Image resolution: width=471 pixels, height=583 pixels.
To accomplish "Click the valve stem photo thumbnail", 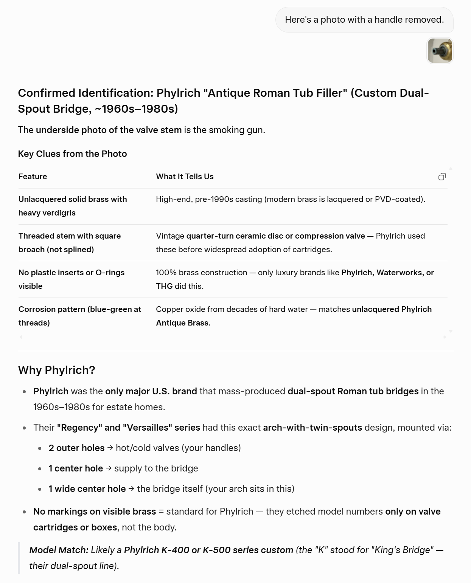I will point(440,51).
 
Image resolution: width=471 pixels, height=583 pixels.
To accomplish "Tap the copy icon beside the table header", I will point(442,177).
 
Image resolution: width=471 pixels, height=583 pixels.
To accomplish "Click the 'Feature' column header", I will point(33,177).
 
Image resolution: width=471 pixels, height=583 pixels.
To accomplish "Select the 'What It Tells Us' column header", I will point(185,177).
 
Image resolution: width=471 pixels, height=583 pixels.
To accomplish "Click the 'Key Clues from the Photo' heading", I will point(72,154).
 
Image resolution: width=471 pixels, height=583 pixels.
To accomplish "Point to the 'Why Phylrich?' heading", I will point(56,370).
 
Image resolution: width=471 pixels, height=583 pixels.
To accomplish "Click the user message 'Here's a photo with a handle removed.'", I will point(364,20).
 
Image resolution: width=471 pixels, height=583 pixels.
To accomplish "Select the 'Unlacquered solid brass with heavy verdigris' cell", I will point(73,206).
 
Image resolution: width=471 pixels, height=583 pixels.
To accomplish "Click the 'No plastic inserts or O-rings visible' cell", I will point(72,279).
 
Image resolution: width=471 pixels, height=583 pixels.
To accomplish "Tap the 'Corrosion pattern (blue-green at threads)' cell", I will point(79,316).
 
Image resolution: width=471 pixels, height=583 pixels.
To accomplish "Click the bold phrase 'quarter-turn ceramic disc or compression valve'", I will point(275,236).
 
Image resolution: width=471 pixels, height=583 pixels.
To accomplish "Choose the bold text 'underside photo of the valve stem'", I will point(109,130).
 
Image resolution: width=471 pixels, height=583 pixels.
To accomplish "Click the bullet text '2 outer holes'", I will point(76,448).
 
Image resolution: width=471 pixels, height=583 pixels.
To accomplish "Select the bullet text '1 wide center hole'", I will point(87,489).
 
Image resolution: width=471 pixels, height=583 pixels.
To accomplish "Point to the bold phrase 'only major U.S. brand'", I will point(151,391).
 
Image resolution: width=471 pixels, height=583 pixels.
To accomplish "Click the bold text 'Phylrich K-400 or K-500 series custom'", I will point(208,550).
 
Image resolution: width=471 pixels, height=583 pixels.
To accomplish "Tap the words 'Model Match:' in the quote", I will point(59,550).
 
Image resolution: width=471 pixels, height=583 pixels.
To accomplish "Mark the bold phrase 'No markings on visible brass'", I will point(95,512).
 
